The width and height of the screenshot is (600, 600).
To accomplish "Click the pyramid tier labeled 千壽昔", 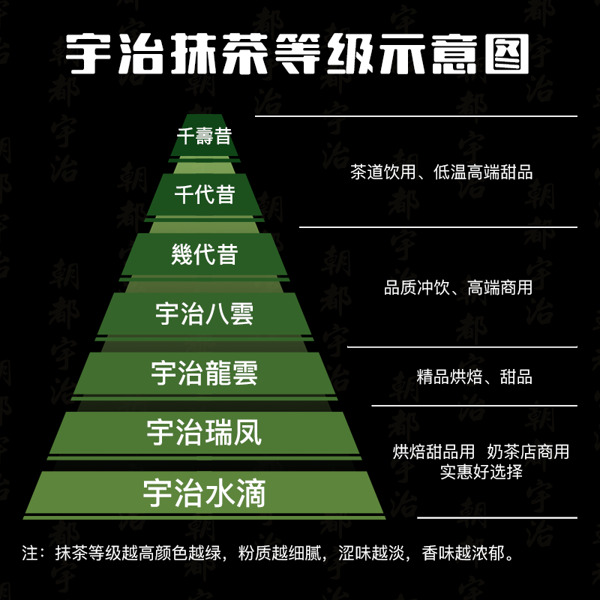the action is pyautogui.click(x=204, y=136).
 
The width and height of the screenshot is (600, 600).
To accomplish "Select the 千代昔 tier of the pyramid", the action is pyautogui.click(x=204, y=194).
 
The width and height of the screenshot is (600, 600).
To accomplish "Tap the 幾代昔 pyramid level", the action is pyautogui.click(x=204, y=254).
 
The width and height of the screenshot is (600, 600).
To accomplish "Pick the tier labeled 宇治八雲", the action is pyautogui.click(x=204, y=313).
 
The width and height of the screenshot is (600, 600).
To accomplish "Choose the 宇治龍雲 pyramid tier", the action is pyautogui.click(x=204, y=373).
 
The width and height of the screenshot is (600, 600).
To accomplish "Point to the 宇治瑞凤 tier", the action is pyautogui.click(x=204, y=433).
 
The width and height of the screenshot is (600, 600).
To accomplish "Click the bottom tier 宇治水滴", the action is pyautogui.click(x=204, y=493).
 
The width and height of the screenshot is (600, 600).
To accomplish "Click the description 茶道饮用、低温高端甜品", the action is pyautogui.click(x=441, y=172).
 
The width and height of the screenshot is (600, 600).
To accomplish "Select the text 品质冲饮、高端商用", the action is pyautogui.click(x=458, y=287).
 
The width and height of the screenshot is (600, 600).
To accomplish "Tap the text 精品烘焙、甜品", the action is pyautogui.click(x=475, y=377).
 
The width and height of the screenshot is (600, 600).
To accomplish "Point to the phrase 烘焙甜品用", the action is pyautogui.click(x=433, y=452).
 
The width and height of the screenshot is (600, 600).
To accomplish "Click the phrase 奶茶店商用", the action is pyautogui.click(x=528, y=452).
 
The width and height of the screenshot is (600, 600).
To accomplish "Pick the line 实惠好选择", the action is pyautogui.click(x=481, y=472).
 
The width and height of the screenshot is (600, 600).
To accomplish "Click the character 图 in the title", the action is pyautogui.click(x=507, y=53).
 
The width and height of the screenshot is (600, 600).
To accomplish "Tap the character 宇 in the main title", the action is pyautogui.click(x=88, y=53).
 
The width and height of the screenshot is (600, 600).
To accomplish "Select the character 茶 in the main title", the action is pyautogui.click(x=245, y=53).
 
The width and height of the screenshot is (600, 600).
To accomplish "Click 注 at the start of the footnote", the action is pyautogui.click(x=30, y=553).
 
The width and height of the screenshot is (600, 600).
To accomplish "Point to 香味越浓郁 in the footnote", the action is pyautogui.click(x=463, y=553).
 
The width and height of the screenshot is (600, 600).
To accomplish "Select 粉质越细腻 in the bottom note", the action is pyautogui.click(x=279, y=553).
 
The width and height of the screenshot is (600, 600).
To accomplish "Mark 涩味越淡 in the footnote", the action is pyautogui.click(x=371, y=553).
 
